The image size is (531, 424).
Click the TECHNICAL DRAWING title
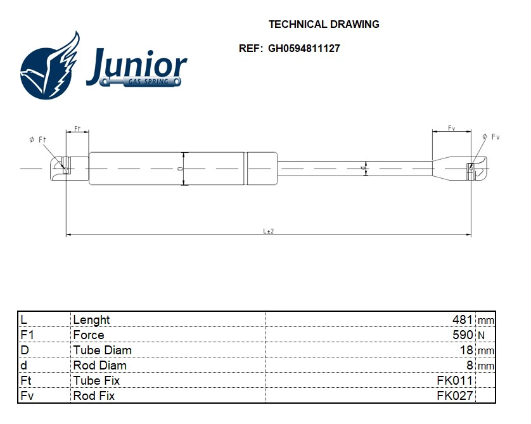pos(324,24)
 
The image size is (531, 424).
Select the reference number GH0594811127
pos(304,48)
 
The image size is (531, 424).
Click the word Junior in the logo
pos(136,65)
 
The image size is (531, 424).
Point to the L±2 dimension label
pos(268,231)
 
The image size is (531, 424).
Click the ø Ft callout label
pos(37,139)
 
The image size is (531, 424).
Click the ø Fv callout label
pos(490,137)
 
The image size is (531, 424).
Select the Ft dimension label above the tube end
pos(77,129)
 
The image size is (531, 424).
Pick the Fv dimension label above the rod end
pos(451,129)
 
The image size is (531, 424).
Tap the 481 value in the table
pos(463,320)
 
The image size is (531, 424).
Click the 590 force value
pos(463,335)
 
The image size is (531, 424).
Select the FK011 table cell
pos(455,381)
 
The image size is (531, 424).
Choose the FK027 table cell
pos(455,396)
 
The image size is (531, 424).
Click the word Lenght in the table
pos(91,320)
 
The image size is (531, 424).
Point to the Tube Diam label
pos(102,350)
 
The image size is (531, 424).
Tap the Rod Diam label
pos(99,366)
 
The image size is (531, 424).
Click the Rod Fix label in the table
pos(94,396)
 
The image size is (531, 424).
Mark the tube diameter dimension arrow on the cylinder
pos(184,169)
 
